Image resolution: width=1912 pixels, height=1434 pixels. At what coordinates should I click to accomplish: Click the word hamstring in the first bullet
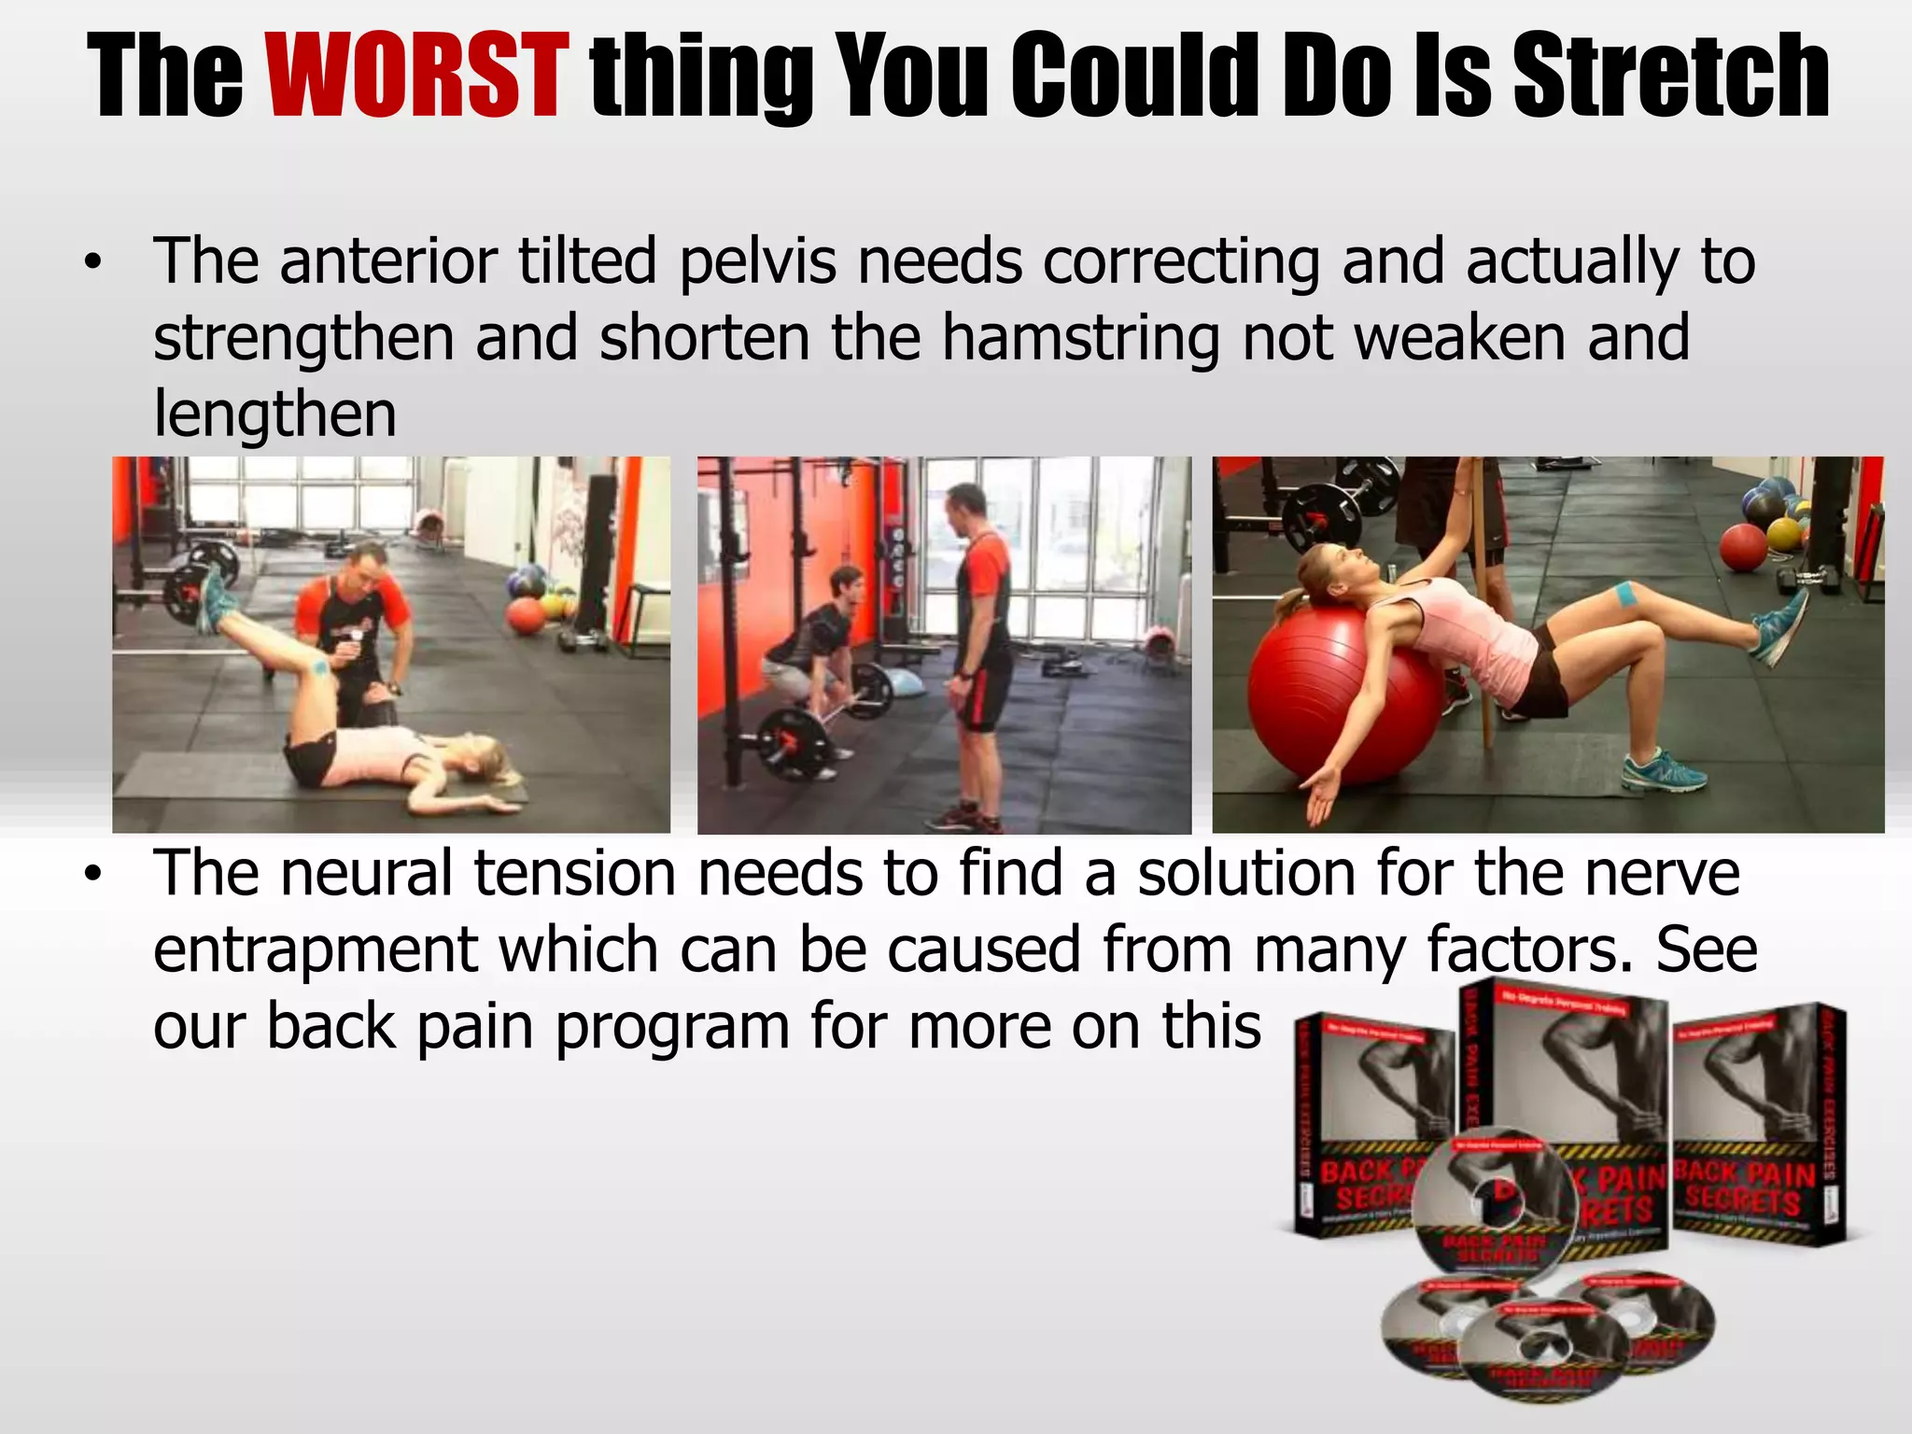1080,337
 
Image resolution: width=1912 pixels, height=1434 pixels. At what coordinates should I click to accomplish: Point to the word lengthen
274,414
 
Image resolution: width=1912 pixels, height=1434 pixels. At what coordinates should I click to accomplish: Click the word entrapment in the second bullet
315,949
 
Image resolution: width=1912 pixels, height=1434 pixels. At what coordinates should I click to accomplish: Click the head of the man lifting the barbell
846,584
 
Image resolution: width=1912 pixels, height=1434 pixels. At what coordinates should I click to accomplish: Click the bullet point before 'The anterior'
91,264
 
